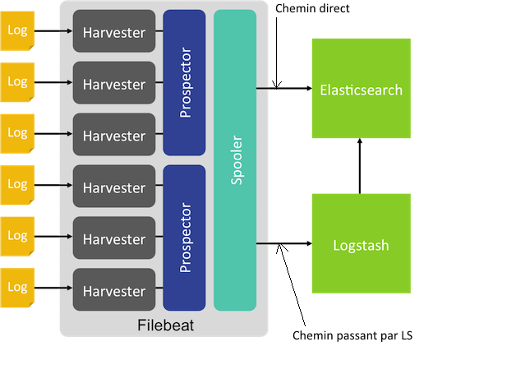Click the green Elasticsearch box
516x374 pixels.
(361, 89)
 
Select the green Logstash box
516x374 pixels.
(361, 244)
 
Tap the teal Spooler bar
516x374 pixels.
(235, 160)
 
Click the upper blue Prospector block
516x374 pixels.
(184, 82)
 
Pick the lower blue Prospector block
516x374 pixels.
(184, 238)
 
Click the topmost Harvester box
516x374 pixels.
(113, 33)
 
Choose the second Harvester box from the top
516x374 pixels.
(113, 85)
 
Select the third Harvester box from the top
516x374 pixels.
(113, 136)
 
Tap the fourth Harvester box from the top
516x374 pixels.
(113, 187)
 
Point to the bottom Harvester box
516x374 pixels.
(113, 291)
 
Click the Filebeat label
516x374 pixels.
(164, 326)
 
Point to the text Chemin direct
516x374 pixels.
(313, 8)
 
